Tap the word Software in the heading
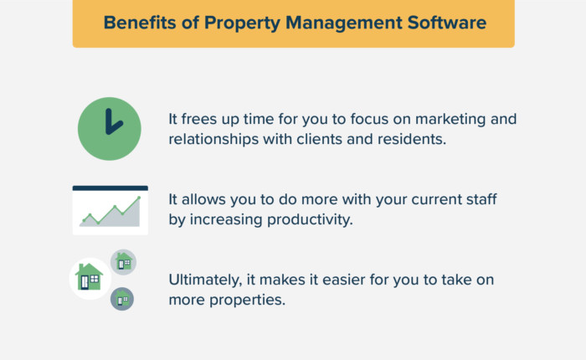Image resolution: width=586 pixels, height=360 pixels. (444, 23)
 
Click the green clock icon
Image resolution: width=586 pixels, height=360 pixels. (109, 129)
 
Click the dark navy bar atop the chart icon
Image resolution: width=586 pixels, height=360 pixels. (110, 188)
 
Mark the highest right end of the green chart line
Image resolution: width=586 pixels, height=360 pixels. (139, 198)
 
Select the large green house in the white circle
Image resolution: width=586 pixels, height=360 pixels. (90, 277)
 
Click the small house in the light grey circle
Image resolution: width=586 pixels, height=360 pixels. (124, 262)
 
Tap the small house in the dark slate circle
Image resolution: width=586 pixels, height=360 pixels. (122, 297)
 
